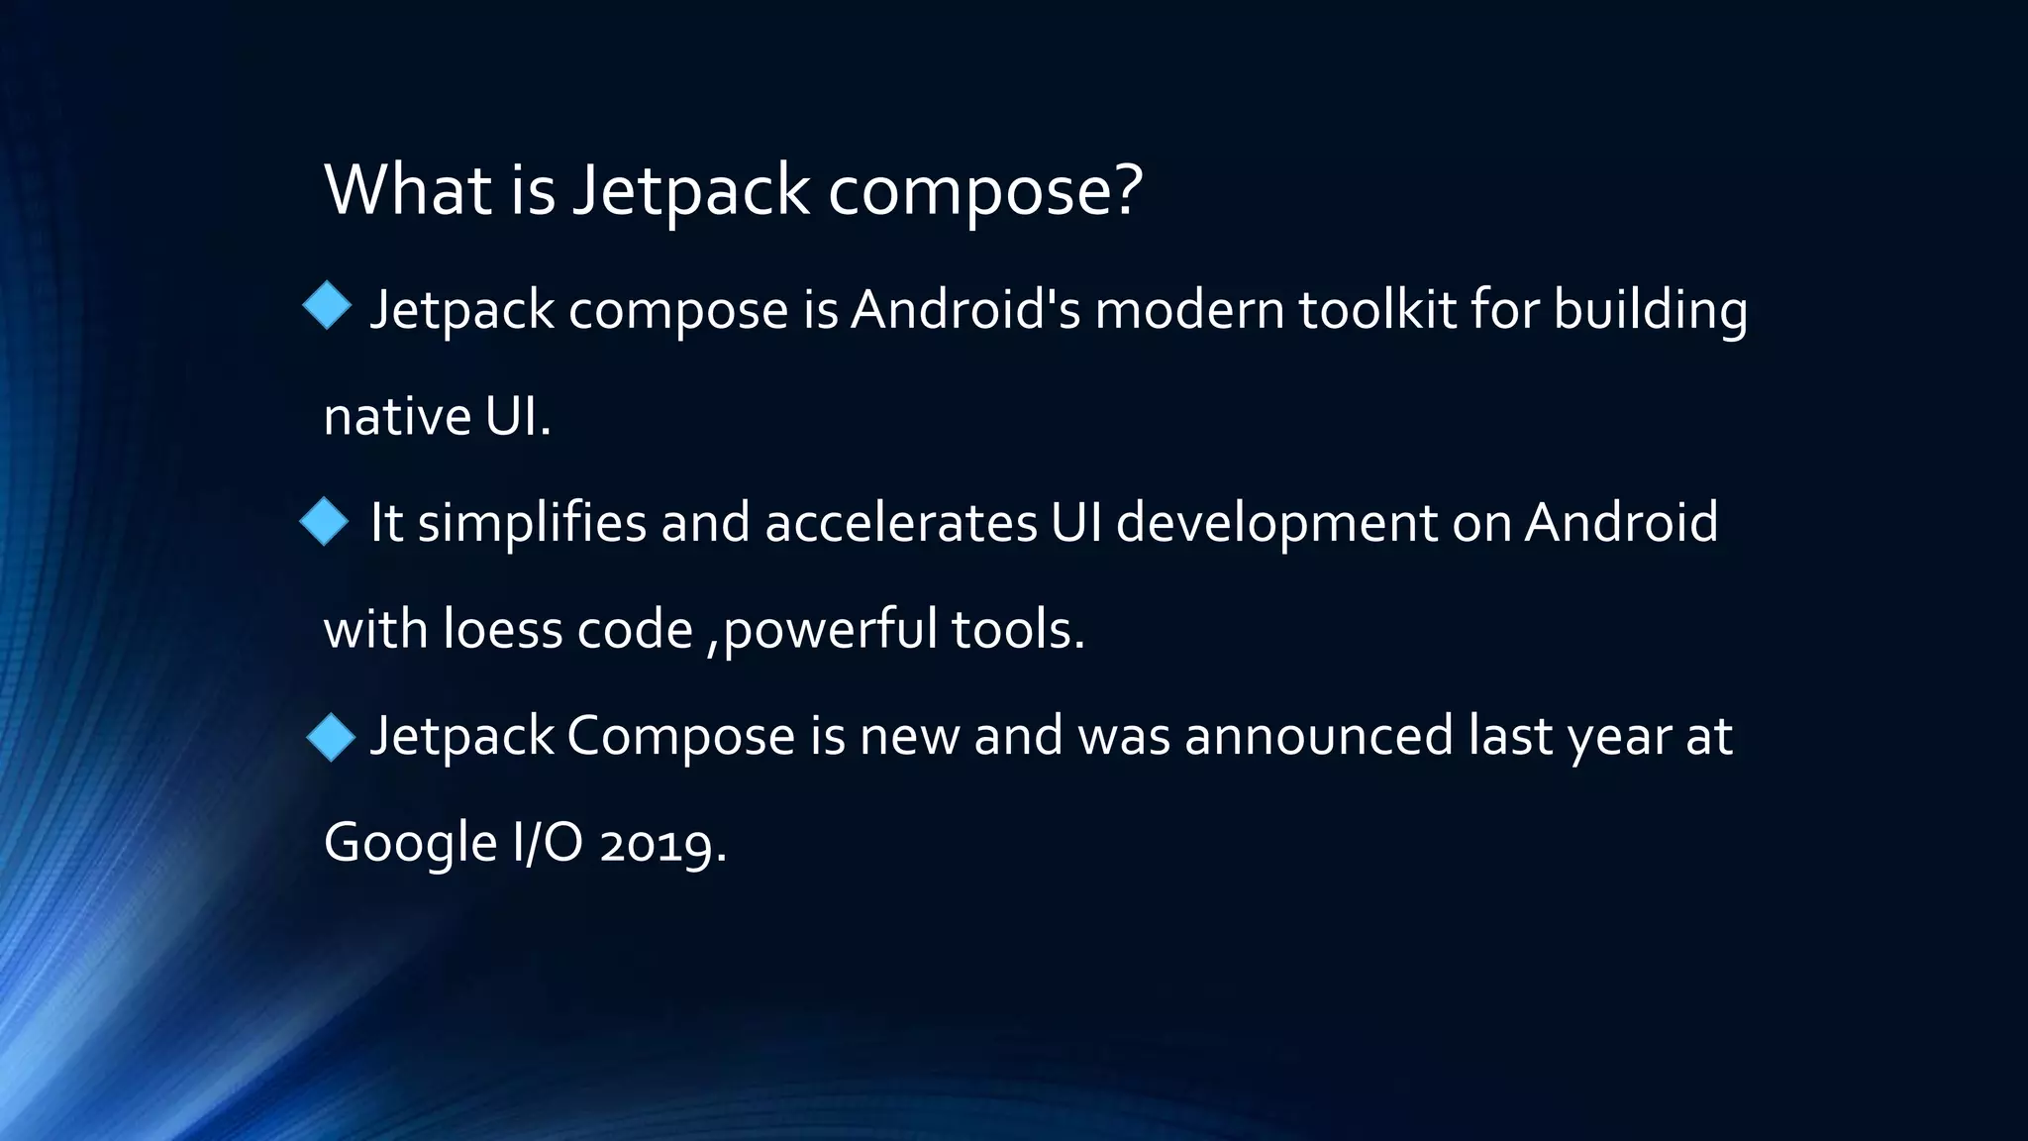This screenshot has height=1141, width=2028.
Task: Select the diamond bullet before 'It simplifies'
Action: [324, 521]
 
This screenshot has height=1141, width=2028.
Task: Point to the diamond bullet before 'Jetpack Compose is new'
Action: [330, 737]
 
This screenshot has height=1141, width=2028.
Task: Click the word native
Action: [397, 417]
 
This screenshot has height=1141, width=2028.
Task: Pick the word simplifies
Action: [532, 524]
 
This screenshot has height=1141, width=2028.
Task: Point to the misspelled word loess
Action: [502, 630]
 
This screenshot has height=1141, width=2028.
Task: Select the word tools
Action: [1017, 630]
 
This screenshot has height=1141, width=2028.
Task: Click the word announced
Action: [1318, 737]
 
